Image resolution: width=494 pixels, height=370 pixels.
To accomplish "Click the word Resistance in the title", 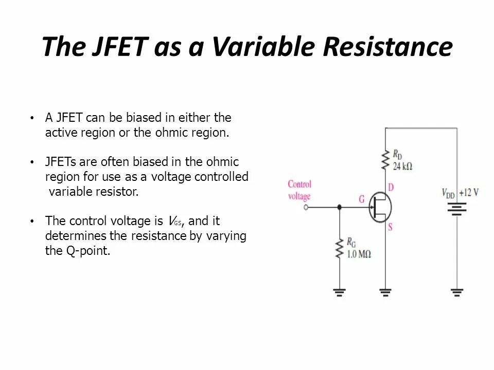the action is pyautogui.click(x=388, y=47).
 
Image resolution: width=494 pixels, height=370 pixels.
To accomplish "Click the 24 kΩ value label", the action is pyautogui.click(x=402, y=166).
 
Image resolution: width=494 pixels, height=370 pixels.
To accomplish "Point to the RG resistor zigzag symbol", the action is pyautogui.click(x=339, y=248).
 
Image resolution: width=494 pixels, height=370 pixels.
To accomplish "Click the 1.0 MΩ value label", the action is pyautogui.click(x=359, y=254).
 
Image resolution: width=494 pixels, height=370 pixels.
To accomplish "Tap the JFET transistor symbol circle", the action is pyautogui.click(x=380, y=207).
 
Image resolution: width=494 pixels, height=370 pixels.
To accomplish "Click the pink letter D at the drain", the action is pyautogui.click(x=391, y=188).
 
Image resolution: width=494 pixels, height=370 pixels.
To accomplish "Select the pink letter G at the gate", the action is pyautogui.click(x=362, y=199).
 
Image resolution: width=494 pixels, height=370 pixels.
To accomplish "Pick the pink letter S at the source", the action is pyautogui.click(x=390, y=227).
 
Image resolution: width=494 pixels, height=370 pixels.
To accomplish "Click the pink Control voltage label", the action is pyautogui.click(x=299, y=190).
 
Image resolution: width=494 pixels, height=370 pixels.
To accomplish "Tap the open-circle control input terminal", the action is pyautogui.click(x=306, y=207).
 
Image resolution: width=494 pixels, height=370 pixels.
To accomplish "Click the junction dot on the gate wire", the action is pyautogui.click(x=339, y=207).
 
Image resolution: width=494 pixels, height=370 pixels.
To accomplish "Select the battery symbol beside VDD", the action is pyautogui.click(x=457, y=208).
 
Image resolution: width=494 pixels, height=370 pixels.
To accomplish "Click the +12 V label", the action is pyautogui.click(x=469, y=193).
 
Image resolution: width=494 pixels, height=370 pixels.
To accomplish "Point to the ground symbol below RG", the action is pyautogui.click(x=339, y=292).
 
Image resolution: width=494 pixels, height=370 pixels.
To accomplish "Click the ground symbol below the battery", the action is pyautogui.click(x=457, y=292).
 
